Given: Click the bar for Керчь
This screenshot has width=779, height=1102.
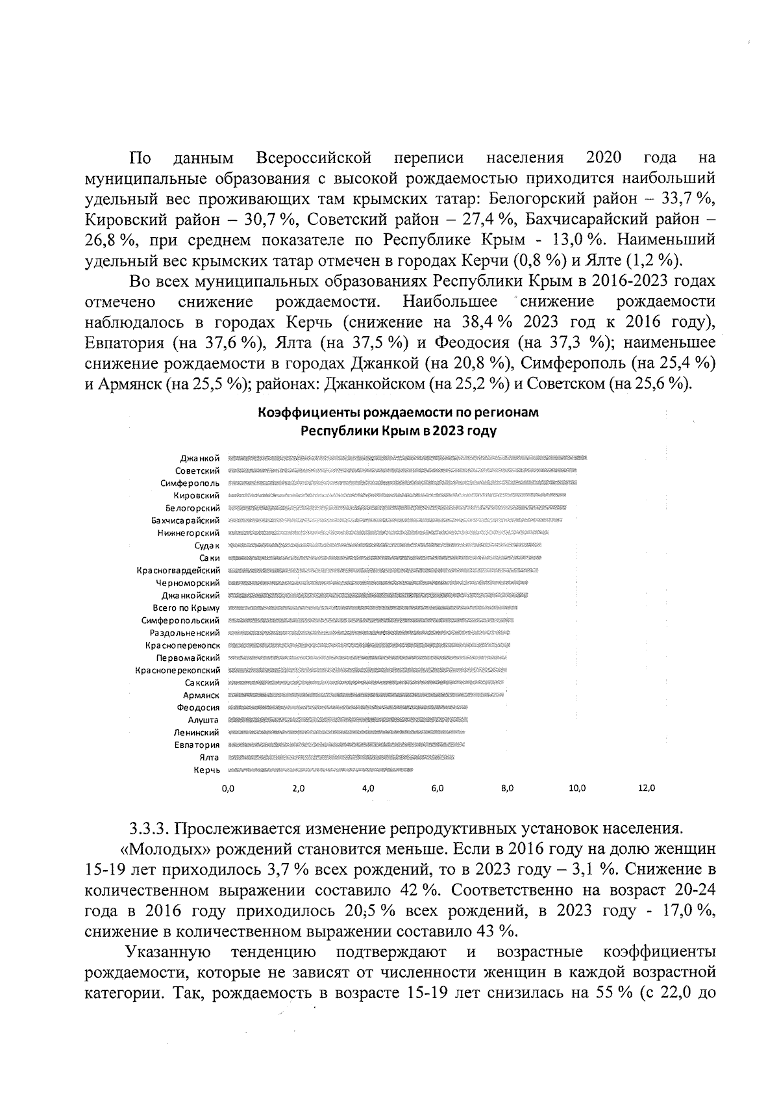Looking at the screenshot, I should pos(321,770).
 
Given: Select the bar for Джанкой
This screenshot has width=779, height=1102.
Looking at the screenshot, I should pos(408,458).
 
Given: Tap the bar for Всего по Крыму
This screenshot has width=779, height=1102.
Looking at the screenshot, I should pos(373,608).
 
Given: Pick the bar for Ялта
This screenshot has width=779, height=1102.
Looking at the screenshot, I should pos(341,758).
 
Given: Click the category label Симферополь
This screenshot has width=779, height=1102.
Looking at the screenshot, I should pos(190,483).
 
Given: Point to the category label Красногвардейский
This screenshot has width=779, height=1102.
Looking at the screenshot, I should pos(178,570).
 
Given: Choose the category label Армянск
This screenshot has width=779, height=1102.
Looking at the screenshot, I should pos(201,695).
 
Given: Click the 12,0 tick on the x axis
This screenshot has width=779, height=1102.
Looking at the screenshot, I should pos(647,788).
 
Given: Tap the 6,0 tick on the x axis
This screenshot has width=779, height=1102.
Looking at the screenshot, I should pos(438,788).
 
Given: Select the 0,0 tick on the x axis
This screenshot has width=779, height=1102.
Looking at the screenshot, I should pos(228,788).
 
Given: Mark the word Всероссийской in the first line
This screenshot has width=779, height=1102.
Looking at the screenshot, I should pos(314,158).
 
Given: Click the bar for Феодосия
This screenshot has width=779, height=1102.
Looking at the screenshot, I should pos(348,708).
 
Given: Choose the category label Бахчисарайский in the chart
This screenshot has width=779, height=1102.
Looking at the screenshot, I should pos(186,520).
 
